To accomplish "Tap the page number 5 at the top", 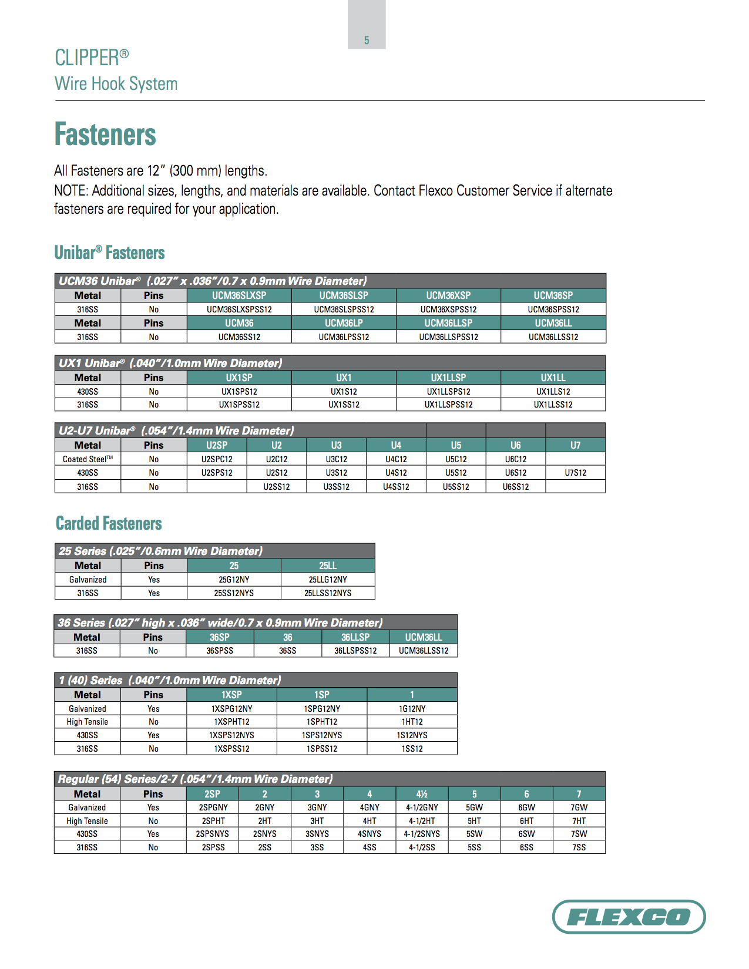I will click(x=367, y=41).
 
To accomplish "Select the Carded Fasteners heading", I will click(x=109, y=523).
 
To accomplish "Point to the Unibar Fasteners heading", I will click(x=109, y=253).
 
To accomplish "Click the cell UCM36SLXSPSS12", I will click(x=239, y=309).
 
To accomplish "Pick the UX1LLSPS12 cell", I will click(x=448, y=392).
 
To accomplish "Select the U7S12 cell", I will click(x=575, y=473).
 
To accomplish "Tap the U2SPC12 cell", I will click(x=217, y=459).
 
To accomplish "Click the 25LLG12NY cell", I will click(x=328, y=580).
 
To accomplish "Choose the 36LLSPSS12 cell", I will click(x=355, y=651).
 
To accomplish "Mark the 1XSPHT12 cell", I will click(x=231, y=722).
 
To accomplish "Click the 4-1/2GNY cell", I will click(x=422, y=807).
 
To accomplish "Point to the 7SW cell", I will click(x=579, y=834).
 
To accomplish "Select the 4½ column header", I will click(x=422, y=794).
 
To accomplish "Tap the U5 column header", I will click(x=456, y=445).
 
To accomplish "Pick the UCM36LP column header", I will click(x=344, y=323).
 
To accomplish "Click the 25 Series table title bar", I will click(x=214, y=551).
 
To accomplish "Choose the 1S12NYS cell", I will click(x=412, y=735).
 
